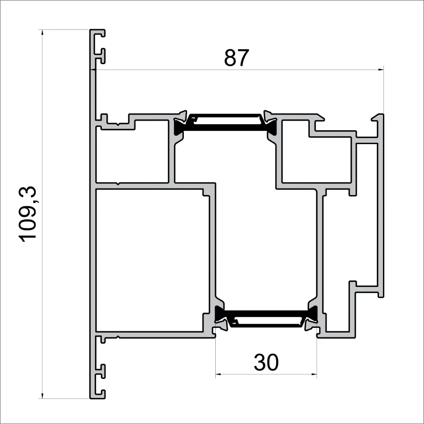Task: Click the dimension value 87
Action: pos(236,58)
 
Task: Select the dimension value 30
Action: pos(266,363)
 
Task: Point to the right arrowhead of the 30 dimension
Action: pos(314,374)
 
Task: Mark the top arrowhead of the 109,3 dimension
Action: pos(42,32)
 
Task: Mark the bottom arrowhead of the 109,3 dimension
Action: pos(42,396)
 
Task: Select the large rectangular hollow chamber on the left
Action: pos(152,260)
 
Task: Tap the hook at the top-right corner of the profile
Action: pos(378,118)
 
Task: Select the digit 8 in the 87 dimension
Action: pos(230,58)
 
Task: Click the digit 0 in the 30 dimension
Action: pos(272,363)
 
